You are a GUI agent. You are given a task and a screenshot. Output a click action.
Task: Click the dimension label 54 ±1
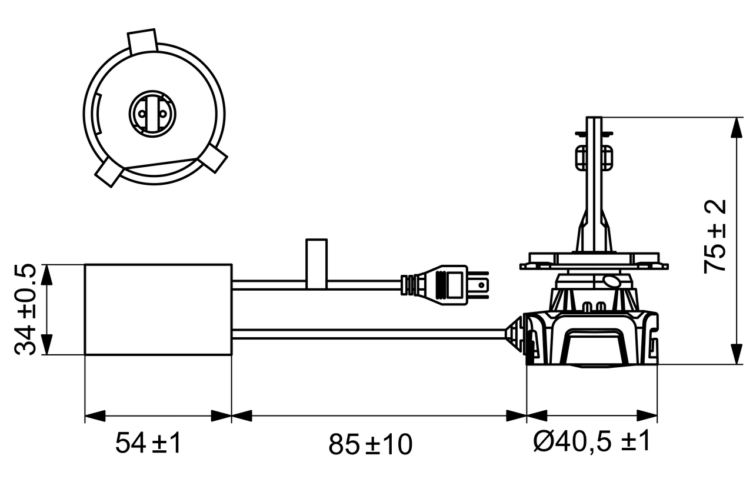tap(148, 443)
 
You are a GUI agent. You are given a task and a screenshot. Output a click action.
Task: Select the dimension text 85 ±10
tap(370, 444)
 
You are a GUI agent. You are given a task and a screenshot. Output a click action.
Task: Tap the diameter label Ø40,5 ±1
tap(592, 442)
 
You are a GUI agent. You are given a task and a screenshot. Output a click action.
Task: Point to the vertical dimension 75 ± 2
tap(715, 236)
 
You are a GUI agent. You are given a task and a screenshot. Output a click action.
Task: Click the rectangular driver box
tap(158, 310)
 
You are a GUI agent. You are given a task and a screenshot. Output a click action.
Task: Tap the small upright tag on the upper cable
tap(316, 263)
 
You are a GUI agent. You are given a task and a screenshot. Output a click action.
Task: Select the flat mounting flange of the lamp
tap(594, 261)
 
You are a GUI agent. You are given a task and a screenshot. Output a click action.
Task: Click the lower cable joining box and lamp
tap(371, 334)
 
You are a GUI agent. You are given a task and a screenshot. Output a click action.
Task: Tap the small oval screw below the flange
tap(611, 281)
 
